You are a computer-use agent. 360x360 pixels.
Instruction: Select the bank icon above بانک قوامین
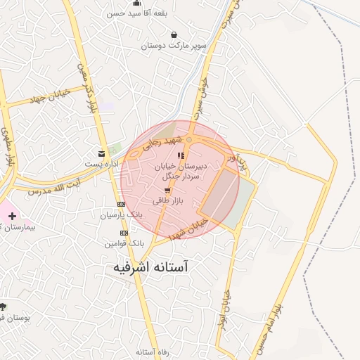click(x=124, y=233)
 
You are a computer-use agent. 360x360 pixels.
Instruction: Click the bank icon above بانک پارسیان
click(x=120, y=204)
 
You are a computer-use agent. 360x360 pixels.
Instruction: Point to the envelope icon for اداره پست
click(x=103, y=153)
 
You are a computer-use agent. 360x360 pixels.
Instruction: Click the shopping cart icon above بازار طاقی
click(x=167, y=191)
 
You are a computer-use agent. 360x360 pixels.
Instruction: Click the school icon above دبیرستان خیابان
click(x=181, y=155)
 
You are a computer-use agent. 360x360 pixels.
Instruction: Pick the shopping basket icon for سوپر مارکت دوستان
click(x=174, y=34)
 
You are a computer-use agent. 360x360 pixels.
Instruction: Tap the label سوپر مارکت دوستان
click(x=174, y=45)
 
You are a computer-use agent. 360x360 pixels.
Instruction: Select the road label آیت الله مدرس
click(x=49, y=186)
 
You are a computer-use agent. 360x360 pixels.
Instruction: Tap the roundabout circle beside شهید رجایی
click(x=189, y=140)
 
